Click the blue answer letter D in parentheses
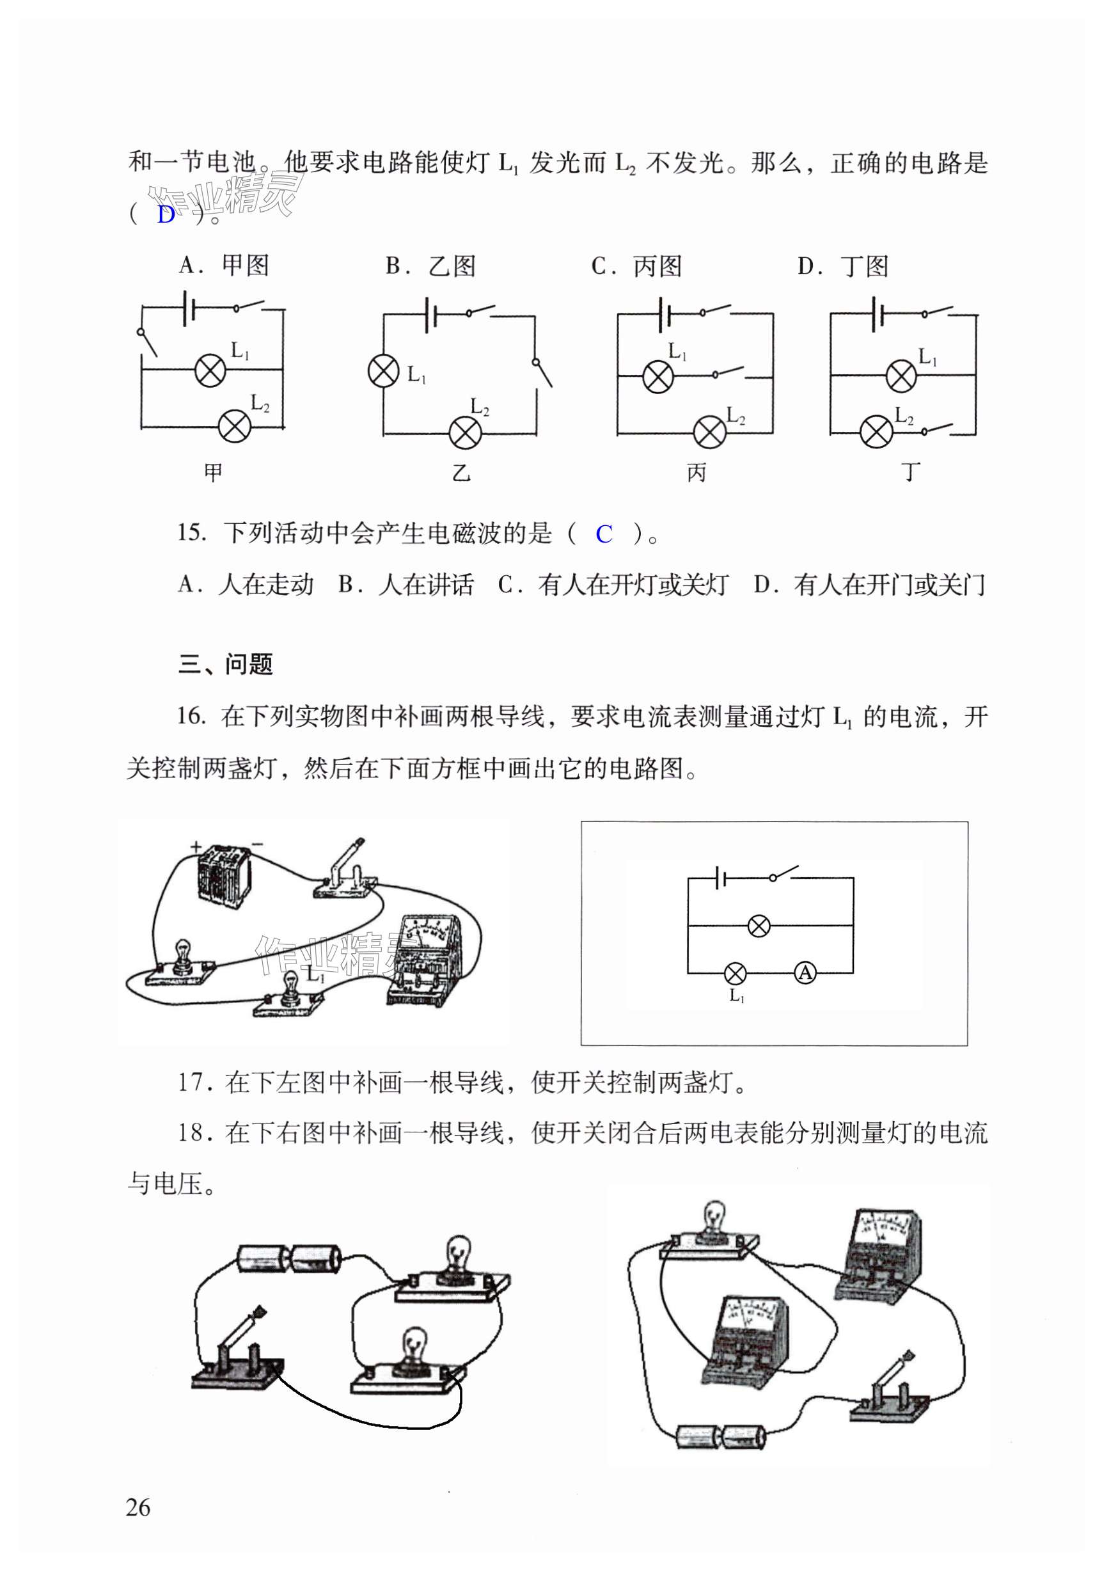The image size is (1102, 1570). [x=166, y=215]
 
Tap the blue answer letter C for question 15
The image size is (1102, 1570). [x=603, y=534]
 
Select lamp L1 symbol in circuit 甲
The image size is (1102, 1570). [x=210, y=370]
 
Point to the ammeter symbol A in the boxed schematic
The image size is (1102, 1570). [x=805, y=972]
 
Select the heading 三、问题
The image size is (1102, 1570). [x=226, y=664]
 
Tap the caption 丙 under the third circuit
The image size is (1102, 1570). [x=696, y=473]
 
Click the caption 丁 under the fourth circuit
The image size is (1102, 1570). [x=910, y=472]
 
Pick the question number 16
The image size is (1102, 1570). [x=191, y=717]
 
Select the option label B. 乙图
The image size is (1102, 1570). [x=430, y=266]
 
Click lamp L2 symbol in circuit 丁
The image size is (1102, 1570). [x=876, y=431]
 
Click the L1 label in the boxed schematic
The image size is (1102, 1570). [x=736, y=995]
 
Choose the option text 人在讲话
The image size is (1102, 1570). [x=425, y=585]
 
